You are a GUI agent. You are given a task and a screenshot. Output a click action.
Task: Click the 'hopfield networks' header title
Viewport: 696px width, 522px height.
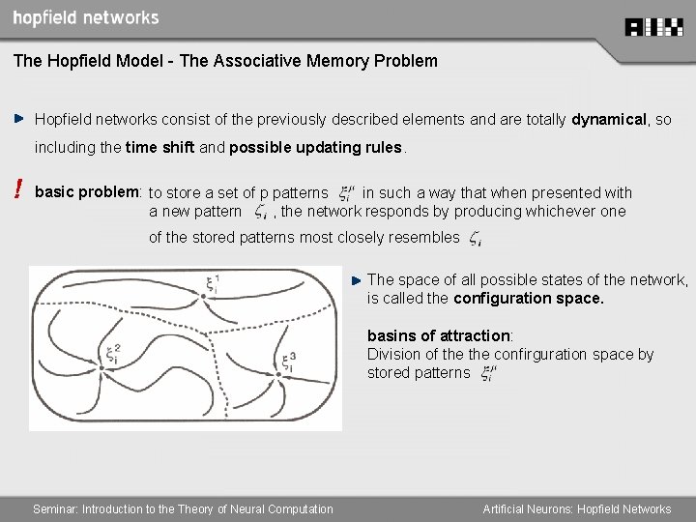point(86,18)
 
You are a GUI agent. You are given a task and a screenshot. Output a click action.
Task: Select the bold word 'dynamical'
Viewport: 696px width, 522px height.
point(609,120)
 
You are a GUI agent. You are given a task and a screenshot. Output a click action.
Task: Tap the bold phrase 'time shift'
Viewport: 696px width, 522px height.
point(160,148)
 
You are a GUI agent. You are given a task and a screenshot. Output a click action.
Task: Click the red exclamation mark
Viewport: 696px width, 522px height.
point(18,192)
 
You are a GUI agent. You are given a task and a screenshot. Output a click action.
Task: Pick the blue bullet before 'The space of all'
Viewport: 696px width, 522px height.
point(356,280)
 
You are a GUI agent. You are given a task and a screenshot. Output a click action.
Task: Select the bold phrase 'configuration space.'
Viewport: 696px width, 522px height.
point(529,299)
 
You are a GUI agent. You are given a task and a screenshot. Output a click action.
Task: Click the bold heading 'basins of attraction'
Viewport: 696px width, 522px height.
point(438,335)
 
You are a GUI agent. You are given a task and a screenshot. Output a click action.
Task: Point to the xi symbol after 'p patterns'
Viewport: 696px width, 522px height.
point(345,195)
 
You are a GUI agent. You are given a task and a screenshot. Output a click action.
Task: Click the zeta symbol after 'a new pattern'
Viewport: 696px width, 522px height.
point(259,213)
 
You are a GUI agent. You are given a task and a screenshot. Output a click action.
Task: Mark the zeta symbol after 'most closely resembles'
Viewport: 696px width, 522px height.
point(476,239)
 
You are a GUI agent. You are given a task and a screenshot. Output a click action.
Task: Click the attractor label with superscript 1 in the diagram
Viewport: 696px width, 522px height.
point(214,285)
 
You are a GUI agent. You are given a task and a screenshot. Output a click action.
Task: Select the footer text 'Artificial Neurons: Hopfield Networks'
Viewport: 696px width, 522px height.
point(577,509)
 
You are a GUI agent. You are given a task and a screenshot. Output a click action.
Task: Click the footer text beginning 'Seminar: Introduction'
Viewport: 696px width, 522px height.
point(183,509)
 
